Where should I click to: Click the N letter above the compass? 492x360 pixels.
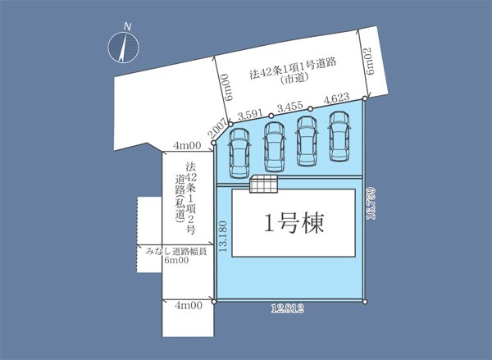(x=127, y=26)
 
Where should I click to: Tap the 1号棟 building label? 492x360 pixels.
(x=294, y=223)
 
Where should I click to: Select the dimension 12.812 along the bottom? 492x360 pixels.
(x=288, y=309)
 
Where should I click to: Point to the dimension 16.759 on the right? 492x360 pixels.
(x=371, y=203)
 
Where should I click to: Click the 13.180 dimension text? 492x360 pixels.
(x=222, y=236)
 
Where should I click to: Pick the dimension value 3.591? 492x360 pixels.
(x=250, y=115)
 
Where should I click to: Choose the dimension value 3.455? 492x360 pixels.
(x=290, y=107)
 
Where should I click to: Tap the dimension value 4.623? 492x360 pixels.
(x=336, y=98)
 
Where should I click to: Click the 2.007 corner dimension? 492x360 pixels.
(x=216, y=129)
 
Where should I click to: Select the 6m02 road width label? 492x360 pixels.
(x=370, y=61)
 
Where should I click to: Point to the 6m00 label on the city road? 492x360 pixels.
(x=229, y=87)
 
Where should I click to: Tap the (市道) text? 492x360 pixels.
(x=294, y=79)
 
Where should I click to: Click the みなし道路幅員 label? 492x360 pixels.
(x=176, y=252)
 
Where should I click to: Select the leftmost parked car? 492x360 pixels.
(x=239, y=153)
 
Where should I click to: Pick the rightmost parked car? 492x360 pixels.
(x=339, y=136)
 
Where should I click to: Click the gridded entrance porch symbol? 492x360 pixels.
(x=263, y=184)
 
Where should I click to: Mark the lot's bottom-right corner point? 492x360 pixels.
(x=365, y=302)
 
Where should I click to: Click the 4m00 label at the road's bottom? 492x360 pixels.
(x=189, y=306)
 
